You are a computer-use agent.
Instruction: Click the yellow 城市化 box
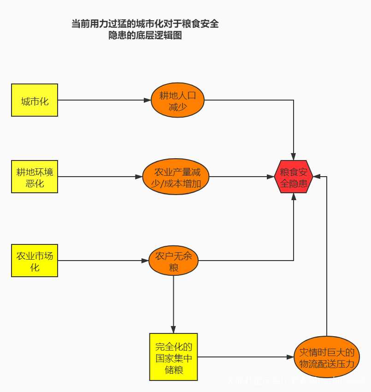click(35, 100)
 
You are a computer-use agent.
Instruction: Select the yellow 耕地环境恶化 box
click(35, 177)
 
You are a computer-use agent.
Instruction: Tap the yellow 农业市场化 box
click(35, 261)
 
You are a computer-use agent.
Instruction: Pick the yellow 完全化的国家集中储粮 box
click(173, 357)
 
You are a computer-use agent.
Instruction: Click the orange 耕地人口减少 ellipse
click(177, 101)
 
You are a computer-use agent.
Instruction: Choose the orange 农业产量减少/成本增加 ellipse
click(176, 177)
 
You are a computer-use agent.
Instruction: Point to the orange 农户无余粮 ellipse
click(173, 261)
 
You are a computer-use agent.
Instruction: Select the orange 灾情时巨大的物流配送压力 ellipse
click(327, 357)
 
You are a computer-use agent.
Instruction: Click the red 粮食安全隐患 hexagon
click(294, 177)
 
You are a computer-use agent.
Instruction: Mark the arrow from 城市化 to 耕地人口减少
click(104, 100)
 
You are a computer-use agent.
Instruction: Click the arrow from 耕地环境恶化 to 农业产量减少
click(100, 177)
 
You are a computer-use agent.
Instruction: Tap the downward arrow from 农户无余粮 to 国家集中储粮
click(173, 304)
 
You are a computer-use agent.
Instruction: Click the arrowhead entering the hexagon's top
click(294, 157)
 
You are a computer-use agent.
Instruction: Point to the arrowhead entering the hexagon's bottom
click(294, 196)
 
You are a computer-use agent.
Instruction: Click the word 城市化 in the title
click(153, 24)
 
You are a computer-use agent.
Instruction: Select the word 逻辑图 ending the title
click(168, 36)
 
